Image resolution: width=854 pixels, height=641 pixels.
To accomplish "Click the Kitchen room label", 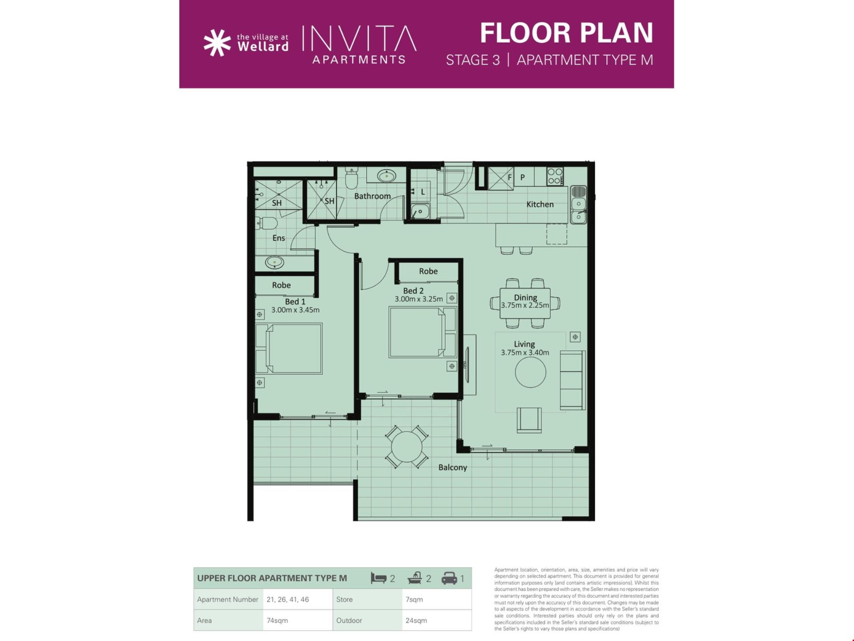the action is [540, 204].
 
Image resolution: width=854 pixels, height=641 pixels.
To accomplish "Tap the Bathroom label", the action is [372, 196].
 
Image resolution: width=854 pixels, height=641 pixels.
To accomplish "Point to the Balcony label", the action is [452, 467].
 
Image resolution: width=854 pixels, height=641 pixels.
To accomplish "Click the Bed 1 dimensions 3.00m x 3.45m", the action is [295, 310].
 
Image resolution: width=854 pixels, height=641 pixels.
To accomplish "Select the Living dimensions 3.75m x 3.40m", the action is [525, 353].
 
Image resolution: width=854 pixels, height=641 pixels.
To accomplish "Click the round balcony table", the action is [407, 447].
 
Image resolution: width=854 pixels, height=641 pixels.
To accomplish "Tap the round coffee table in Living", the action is [531, 372].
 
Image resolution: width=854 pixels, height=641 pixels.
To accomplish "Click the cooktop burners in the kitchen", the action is [555, 176].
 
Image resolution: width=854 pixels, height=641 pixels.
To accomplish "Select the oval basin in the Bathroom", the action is [387, 176].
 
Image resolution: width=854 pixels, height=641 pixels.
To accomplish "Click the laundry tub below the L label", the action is [420, 211].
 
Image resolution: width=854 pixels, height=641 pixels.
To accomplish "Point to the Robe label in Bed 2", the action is [428, 271].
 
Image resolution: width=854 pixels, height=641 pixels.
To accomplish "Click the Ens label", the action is [278, 238].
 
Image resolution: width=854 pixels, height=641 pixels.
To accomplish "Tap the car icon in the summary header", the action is [449, 578].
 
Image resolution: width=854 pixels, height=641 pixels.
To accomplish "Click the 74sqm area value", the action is [277, 621].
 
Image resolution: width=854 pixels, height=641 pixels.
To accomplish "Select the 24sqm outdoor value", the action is [416, 621].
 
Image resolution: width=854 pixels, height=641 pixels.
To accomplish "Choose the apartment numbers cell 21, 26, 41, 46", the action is [288, 600].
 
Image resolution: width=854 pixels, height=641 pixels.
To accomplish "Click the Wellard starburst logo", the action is [217, 43].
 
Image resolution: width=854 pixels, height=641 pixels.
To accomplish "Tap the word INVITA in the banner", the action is [359, 38].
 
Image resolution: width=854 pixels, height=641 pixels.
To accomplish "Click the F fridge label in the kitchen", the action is [510, 177].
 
